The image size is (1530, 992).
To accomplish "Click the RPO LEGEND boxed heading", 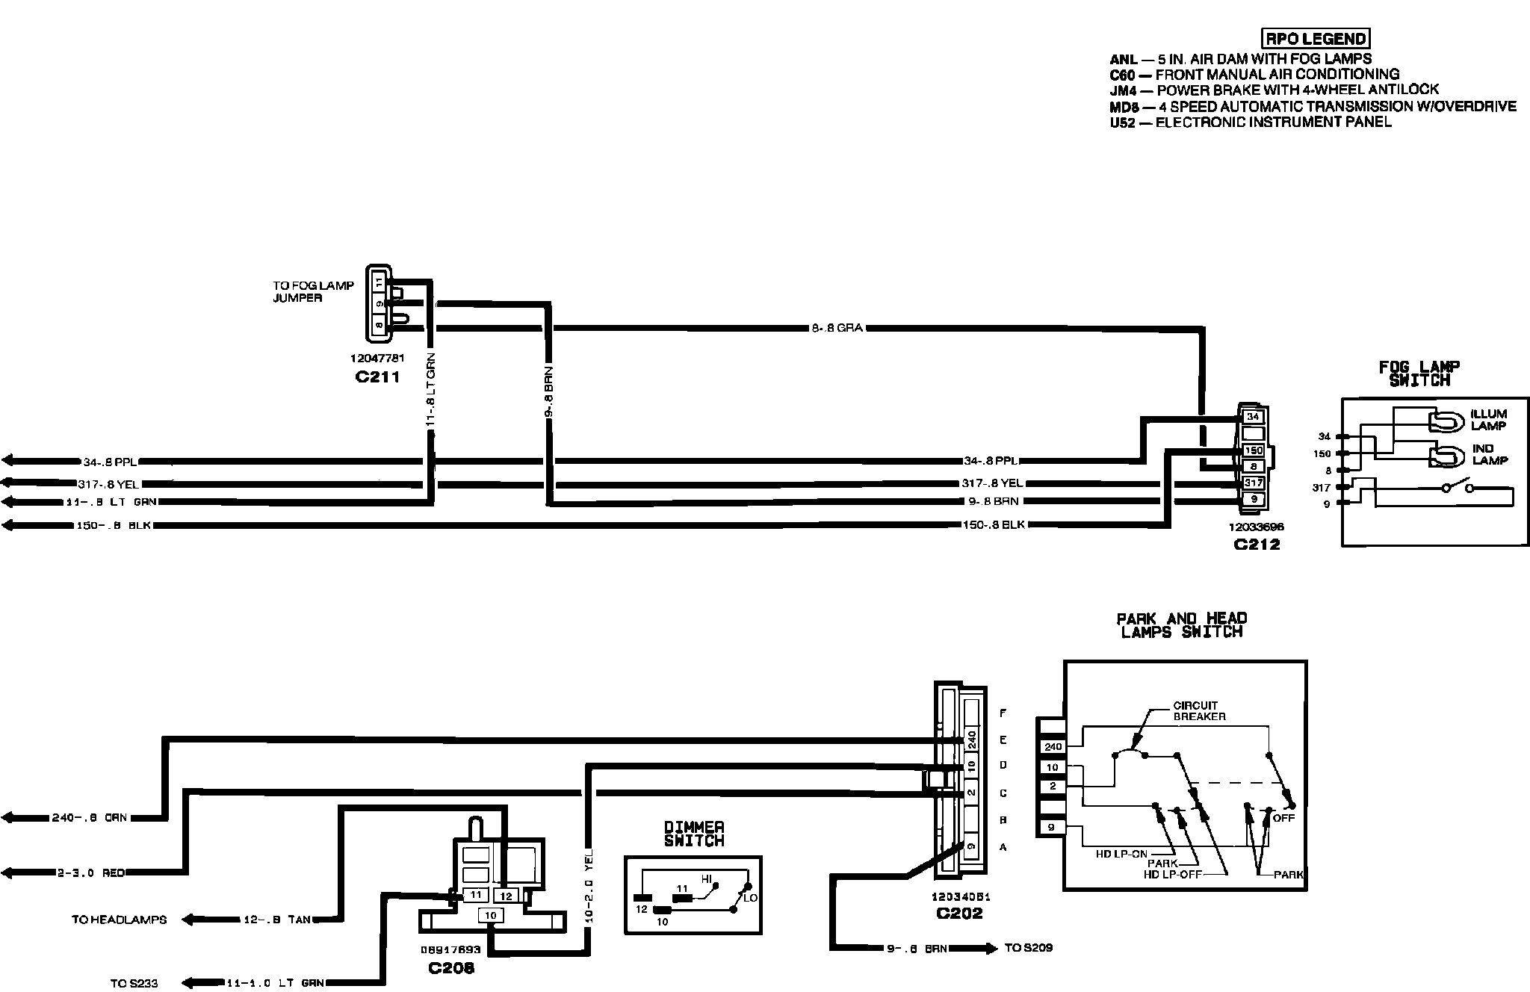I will (x=1316, y=39).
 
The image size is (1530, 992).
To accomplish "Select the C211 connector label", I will (x=377, y=377).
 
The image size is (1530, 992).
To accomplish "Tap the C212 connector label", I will (x=1257, y=545).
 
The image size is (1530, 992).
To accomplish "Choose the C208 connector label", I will (x=451, y=969).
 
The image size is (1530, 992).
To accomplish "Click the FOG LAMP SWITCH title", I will (x=1419, y=374).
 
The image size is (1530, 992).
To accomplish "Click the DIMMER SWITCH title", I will (x=694, y=834).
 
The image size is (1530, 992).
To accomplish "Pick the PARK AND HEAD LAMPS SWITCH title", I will (x=1181, y=625).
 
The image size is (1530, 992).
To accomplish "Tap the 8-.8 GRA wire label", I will (x=837, y=328).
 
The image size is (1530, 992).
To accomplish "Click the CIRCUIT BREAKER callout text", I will (x=1199, y=710).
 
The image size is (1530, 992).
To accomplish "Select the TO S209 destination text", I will (x=1029, y=948).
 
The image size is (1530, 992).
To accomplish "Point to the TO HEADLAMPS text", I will (x=120, y=920).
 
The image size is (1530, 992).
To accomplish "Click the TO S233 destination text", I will (x=134, y=983).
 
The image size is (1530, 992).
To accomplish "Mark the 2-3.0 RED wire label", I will (x=91, y=872).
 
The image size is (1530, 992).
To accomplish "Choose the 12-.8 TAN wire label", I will (x=277, y=920).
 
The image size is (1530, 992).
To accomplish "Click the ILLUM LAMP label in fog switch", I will (x=1488, y=420).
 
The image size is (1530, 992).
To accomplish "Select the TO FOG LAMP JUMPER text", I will (x=313, y=291).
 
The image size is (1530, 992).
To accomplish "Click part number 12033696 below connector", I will (x=1256, y=527).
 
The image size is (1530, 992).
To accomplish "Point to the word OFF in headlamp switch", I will (x=1284, y=818).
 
